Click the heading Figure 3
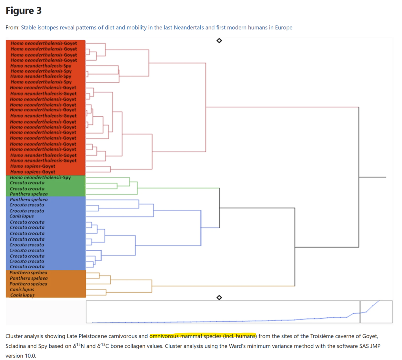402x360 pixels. click(24, 10)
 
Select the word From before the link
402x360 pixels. click(12, 27)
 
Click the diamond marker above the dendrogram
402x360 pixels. click(219, 40)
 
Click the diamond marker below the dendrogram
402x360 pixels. click(219, 297)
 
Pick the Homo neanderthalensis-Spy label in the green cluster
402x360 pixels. click(41, 178)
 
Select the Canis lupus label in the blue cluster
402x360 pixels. click(22, 216)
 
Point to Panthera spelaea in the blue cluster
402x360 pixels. click(29, 200)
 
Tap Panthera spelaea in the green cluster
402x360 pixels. click(29, 194)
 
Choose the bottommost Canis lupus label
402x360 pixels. click(23, 295)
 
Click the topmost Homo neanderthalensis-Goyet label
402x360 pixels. click(44, 43)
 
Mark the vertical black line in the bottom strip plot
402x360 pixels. click(360, 312)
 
